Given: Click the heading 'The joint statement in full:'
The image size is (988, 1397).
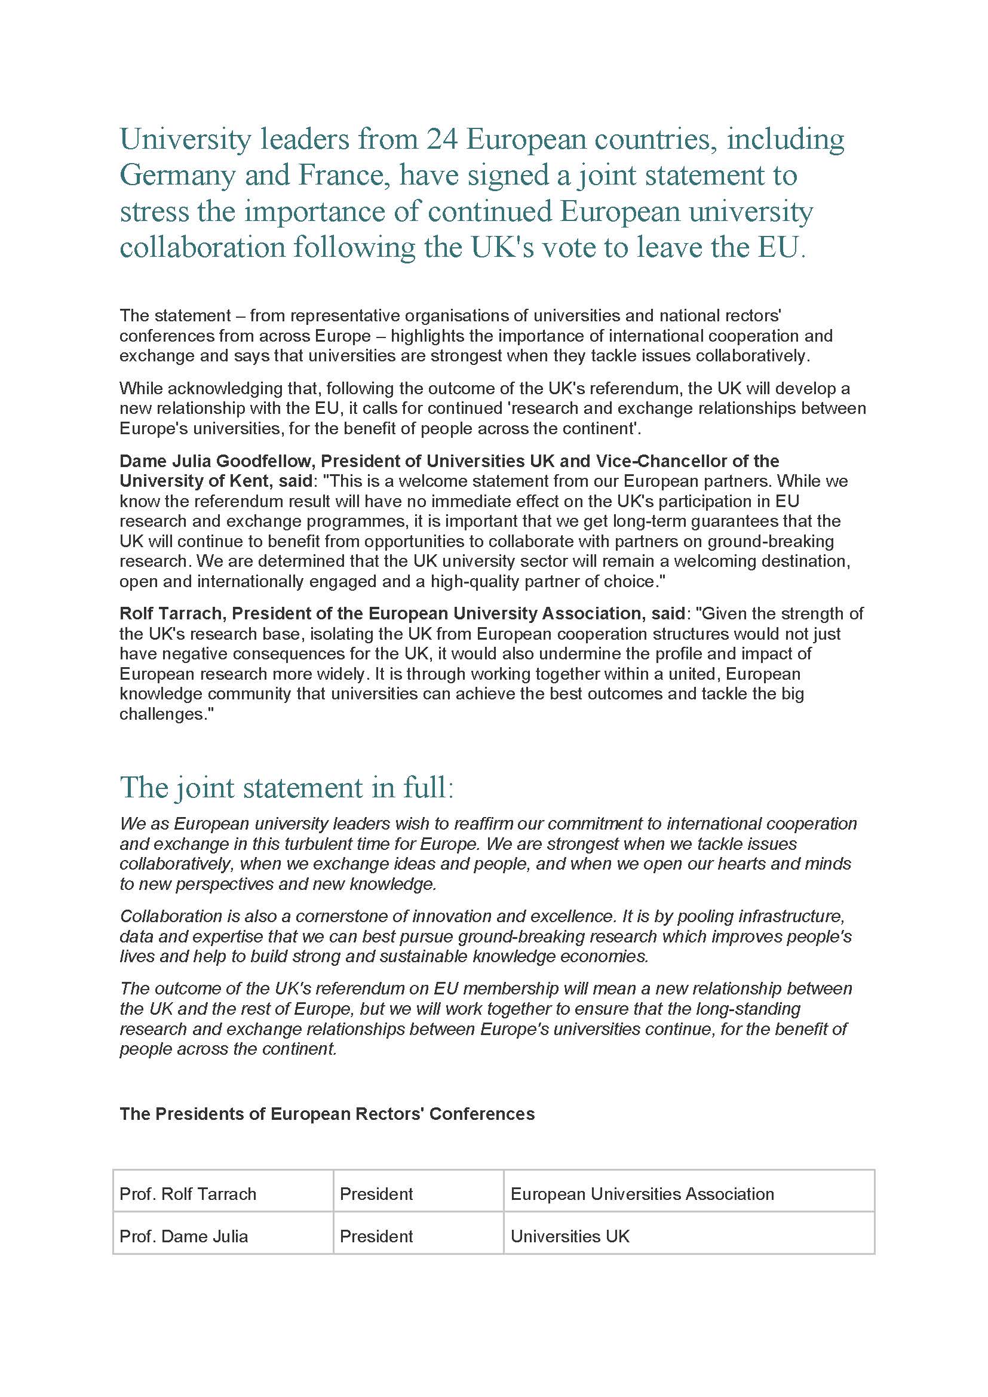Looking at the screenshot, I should pos(287,787).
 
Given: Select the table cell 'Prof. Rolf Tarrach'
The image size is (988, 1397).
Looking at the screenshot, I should pos(188,1194).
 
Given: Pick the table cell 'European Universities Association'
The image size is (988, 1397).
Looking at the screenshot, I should pos(642,1194).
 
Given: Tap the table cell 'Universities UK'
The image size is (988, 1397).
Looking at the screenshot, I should pos(570,1236).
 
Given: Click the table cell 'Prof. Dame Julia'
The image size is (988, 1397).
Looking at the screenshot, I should pos(184,1236).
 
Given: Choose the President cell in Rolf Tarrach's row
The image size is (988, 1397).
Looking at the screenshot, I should pos(376,1194).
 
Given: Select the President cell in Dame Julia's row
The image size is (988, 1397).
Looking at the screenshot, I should pos(376,1236).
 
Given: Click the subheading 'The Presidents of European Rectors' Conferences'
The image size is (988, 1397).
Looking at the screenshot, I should pos(327,1113).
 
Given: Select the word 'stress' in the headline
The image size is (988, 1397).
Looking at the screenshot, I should pos(154,212).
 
